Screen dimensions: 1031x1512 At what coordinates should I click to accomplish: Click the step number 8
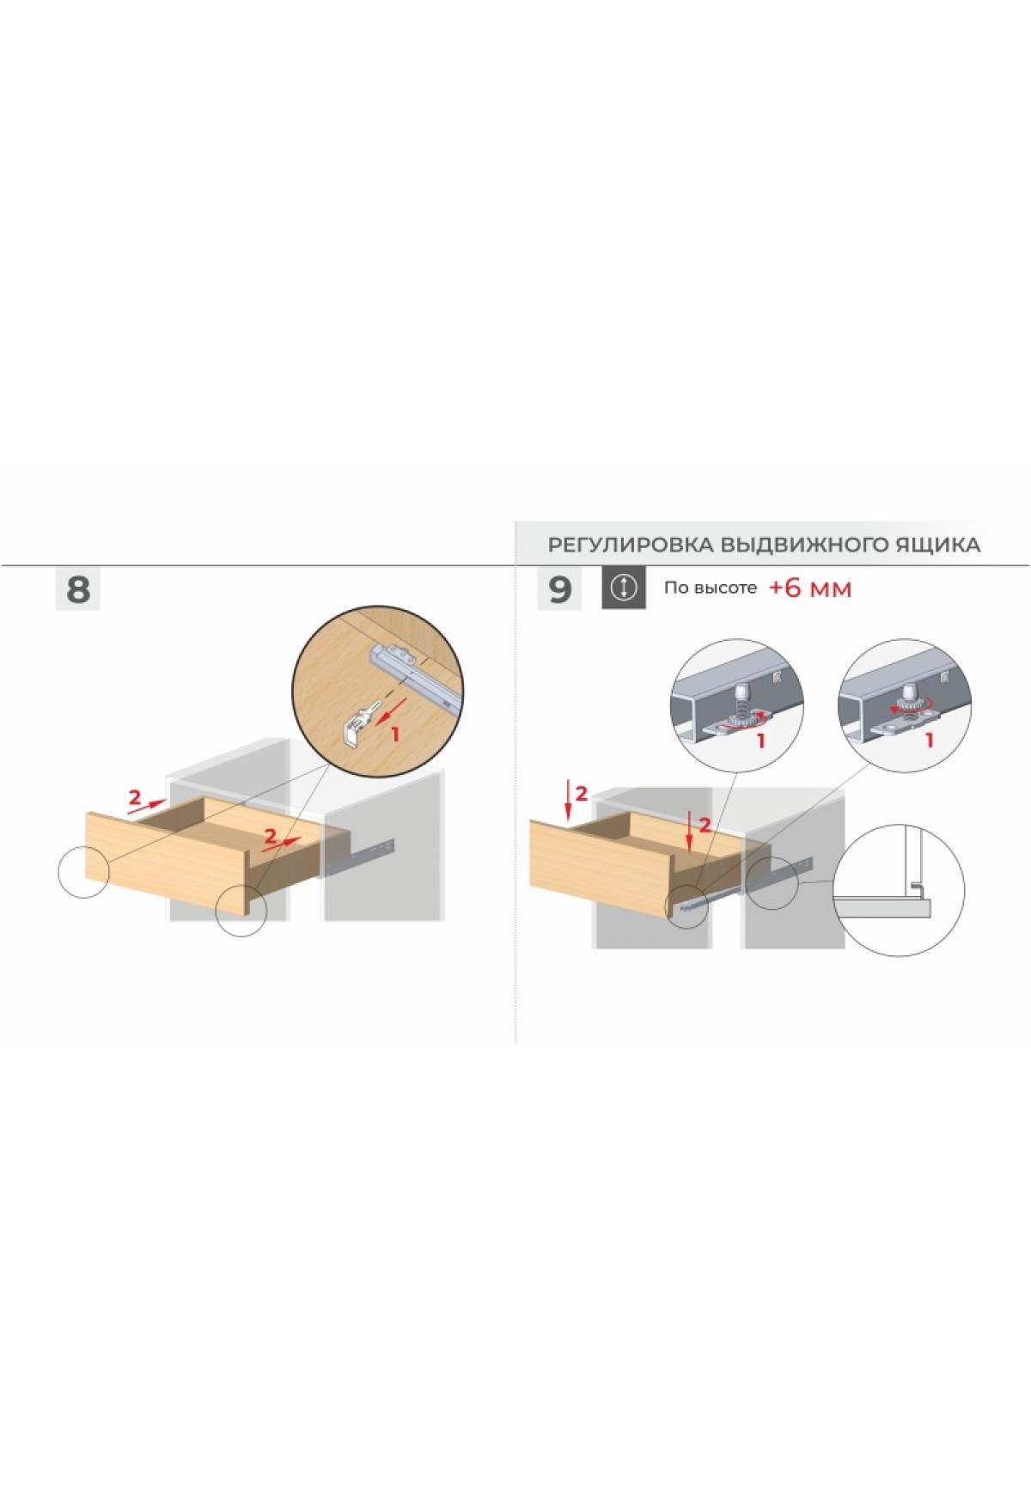click(x=77, y=589)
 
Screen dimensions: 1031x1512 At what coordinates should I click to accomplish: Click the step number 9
click(x=559, y=589)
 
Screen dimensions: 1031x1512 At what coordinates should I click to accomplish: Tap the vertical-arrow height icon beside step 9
click(x=623, y=588)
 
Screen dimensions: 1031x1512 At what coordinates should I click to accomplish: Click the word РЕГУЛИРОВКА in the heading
click(x=631, y=545)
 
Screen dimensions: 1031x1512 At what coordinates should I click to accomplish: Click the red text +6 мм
click(x=809, y=588)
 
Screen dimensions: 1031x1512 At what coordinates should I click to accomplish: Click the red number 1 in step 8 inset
click(x=395, y=735)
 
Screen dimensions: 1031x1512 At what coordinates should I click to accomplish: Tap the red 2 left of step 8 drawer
click(x=134, y=797)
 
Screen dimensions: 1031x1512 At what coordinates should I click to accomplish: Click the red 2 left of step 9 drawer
click(x=581, y=794)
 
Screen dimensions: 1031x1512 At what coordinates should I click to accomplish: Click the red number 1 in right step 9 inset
click(x=929, y=739)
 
